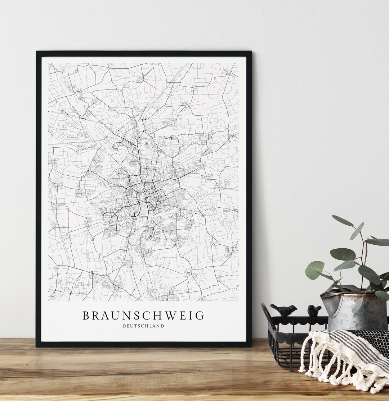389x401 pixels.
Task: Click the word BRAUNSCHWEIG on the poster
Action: click(143, 316)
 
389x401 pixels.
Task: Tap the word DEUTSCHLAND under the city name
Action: click(143, 326)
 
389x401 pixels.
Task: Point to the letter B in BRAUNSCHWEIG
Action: click(86, 316)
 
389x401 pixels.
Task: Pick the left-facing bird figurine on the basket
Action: click(285, 310)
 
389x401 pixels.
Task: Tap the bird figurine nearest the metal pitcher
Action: click(314, 311)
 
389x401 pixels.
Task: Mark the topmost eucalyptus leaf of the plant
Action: click(343, 221)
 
